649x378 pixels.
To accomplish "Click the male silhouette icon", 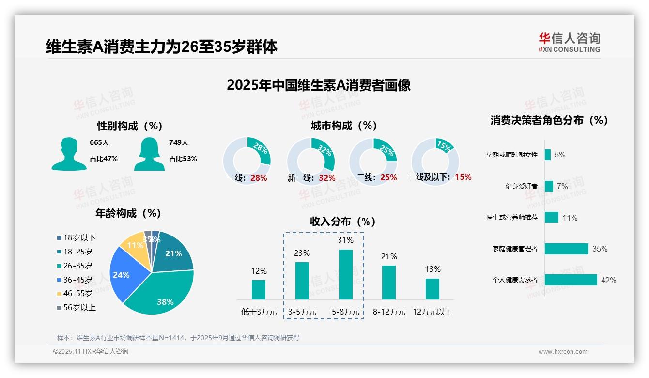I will [69, 154].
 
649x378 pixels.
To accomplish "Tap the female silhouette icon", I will [149, 154].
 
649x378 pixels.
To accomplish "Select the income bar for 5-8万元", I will [345, 274].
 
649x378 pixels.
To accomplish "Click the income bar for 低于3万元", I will [259, 289].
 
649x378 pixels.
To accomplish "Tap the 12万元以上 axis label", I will [432, 312].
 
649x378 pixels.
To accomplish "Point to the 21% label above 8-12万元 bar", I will [389, 256].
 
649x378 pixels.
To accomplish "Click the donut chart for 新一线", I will [311, 161].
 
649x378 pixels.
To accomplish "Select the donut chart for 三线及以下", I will [435, 161].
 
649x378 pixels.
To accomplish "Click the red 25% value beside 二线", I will [388, 178].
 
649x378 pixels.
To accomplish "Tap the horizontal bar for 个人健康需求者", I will [571, 280].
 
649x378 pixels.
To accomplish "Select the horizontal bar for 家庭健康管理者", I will [566, 249].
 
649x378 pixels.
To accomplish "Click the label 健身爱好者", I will [521, 186].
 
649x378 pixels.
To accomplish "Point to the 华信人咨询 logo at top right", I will [569, 42].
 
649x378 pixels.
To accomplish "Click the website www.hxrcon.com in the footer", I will [562, 352].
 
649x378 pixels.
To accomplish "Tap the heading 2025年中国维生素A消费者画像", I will [319, 85].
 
